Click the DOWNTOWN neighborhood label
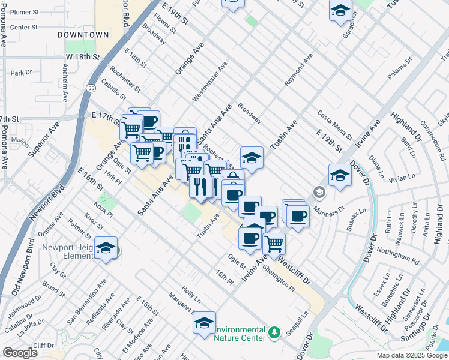point(83,35)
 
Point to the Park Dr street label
point(21,73)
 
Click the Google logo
point(20,352)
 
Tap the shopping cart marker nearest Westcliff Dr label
point(274,243)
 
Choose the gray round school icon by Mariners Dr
point(318,193)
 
